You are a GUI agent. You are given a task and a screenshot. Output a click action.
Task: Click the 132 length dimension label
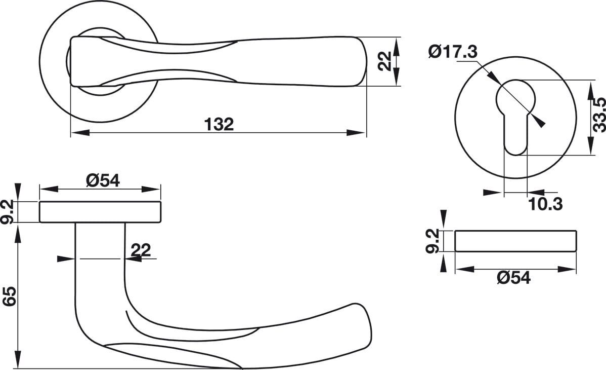pos(219,124)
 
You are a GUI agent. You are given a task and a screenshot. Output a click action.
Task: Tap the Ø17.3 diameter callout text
pos(453,52)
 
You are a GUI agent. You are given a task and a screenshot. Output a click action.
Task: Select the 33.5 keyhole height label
pos(599,115)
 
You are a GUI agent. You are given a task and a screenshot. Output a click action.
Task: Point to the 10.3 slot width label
pos(545,204)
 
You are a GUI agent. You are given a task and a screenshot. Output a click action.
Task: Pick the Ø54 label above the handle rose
pos(103,180)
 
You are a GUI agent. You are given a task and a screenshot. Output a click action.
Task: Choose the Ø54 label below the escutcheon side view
pos(514,277)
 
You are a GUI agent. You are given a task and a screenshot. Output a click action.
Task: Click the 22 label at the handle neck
pos(141,250)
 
